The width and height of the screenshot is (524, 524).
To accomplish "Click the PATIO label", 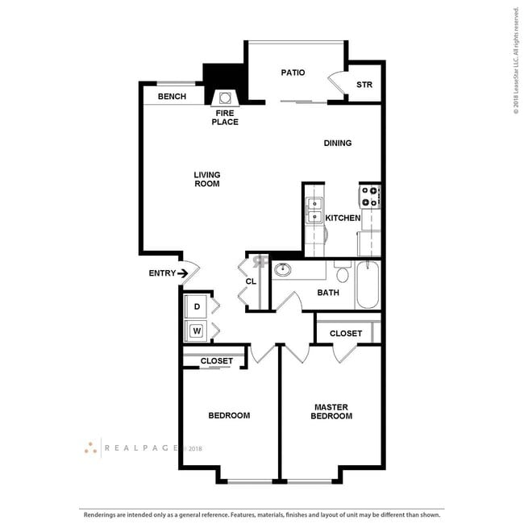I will (293, 73).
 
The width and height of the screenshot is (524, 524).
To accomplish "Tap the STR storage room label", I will (364, 85).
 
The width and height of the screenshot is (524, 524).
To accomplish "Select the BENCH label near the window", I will (171, 97).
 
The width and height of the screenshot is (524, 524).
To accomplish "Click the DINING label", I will (337, 143).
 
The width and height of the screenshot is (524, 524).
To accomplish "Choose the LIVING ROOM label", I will (206, 179).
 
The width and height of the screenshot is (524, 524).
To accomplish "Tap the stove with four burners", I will (370, 196).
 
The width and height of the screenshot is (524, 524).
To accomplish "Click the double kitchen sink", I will (314, 209).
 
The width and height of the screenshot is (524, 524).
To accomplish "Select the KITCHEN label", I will (343, 218).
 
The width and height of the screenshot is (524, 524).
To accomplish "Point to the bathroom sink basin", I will (283, 270).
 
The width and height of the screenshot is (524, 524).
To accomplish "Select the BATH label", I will (328, 293).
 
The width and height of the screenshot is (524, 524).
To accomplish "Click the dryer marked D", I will (197, 307).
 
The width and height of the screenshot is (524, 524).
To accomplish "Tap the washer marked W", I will (197, 330).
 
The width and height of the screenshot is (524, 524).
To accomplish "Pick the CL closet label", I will (251, 281).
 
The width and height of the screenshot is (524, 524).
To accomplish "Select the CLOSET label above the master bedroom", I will (346, 333).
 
